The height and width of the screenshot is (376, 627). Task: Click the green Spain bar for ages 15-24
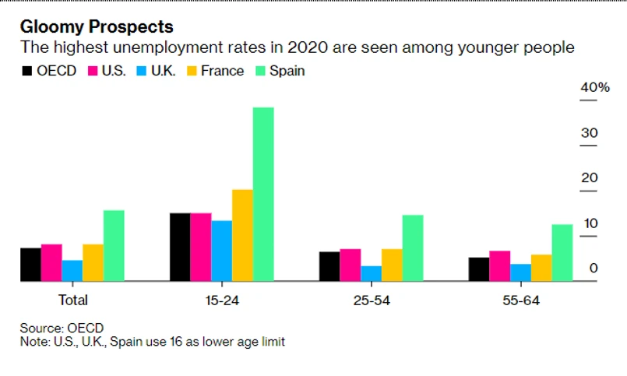point(263,194)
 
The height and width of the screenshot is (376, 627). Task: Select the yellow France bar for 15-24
point(242,235)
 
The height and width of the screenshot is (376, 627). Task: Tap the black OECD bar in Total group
point(30,265)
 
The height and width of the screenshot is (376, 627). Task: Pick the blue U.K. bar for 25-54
point(372,273)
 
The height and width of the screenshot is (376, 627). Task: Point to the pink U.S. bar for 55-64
point(500,265)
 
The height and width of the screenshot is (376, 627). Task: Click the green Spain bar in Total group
point(114,245)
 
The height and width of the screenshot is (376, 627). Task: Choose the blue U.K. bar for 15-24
point(222,251)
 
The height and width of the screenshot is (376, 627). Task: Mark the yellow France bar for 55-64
point(541,268)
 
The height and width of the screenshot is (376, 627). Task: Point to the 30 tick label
point(589,133)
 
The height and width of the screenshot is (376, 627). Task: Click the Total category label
point(72,300)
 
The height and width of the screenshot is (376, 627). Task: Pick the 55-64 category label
point(520,300)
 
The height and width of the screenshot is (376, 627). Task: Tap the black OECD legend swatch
point(27,71)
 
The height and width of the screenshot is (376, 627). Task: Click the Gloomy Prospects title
point(97,28)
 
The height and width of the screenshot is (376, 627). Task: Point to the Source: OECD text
point(62,328)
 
